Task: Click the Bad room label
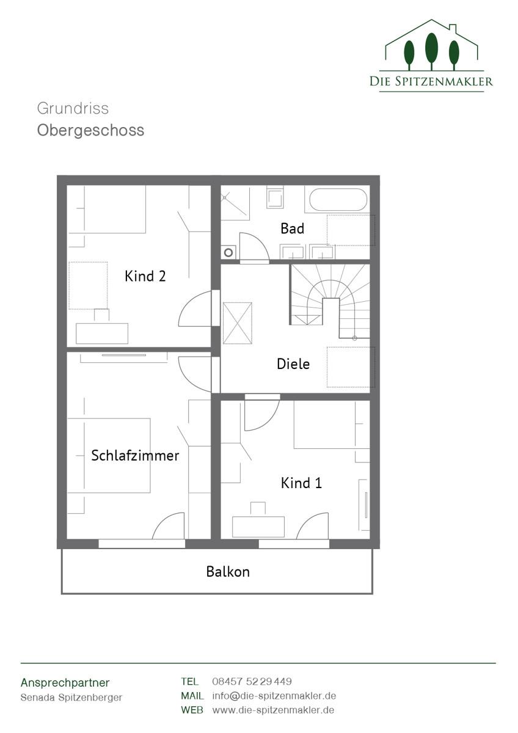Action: [292, 228]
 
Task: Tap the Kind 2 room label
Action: [145, 276]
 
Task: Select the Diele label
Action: [293, 364]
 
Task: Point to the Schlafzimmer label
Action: [135, 456]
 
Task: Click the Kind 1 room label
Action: [301, 483]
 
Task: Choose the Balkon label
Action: [228, 572]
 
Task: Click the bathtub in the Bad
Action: [338, 199]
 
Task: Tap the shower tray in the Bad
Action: [235, 202]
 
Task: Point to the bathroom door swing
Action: [253, 247]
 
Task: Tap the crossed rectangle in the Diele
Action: [238, 323]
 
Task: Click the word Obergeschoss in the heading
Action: [90, 130]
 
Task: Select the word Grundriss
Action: [73, 108]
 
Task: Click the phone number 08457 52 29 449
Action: [252, 681]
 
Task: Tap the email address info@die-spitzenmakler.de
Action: [274, 696]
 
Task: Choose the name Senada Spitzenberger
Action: [71, 697]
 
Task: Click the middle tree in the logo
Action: [432, 49]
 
